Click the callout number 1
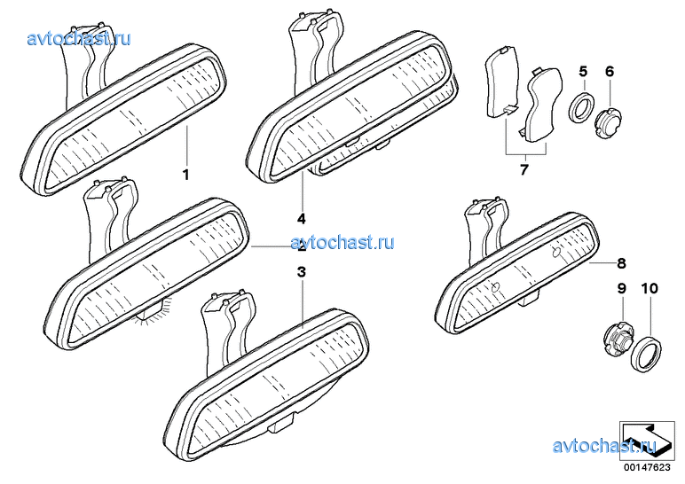[x=185, y=176]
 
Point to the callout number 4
[x=302, y=218]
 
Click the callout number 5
[x=583, y=71]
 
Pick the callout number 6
[x=610, y=71]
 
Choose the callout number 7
[x=524, y=169]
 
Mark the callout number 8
[x=621, y=263]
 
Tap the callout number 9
[x=621, y=289]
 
